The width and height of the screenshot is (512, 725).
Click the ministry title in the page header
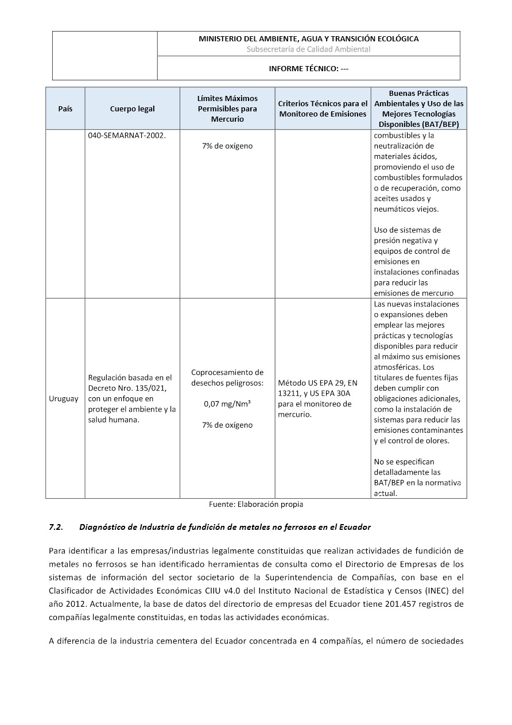[308, 39]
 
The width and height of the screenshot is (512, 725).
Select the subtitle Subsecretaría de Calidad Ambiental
[308, 49]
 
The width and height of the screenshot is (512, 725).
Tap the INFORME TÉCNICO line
[308, 68]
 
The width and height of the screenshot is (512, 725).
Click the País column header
[65, 108]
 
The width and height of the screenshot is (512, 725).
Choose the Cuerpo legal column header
[133, 108]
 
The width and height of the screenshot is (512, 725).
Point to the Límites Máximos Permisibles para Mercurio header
[227, 108]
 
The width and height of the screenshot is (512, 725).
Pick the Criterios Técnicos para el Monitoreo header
[323, 108]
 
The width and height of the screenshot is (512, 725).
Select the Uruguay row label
[64, 398]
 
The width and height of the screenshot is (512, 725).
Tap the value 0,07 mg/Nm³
[227, 404]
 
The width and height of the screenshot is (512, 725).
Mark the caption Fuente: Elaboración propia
[255, 505]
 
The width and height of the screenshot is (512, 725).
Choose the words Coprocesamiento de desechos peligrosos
[227, 378]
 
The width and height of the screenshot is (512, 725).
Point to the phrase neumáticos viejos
[402, 209]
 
